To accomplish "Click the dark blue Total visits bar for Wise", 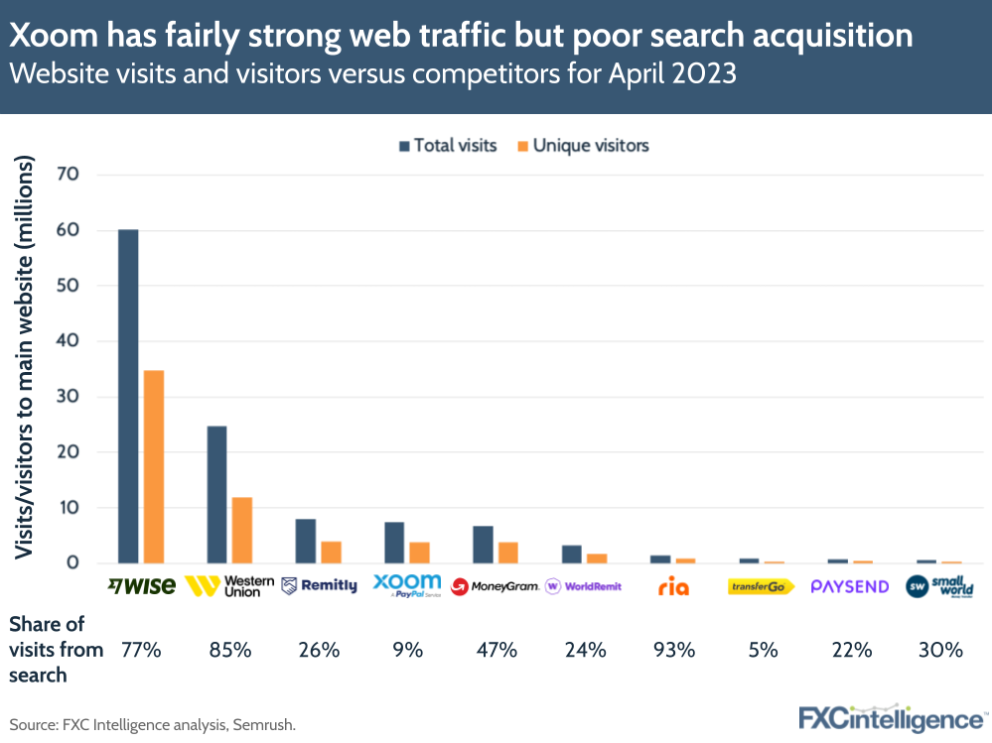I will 128,397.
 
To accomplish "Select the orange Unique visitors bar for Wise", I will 154,466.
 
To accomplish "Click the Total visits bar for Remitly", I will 305,541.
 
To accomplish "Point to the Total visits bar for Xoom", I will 394,542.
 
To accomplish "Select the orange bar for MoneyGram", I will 508,553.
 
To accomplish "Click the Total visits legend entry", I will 447,146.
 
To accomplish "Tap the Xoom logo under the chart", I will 407,585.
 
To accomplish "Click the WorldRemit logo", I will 584,586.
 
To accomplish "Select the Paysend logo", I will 850,586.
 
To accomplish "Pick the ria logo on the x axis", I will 673,586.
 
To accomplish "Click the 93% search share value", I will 673,651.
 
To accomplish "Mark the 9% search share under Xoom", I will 407,651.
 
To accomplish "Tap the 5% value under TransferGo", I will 762,651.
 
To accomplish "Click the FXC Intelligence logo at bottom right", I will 893,718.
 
